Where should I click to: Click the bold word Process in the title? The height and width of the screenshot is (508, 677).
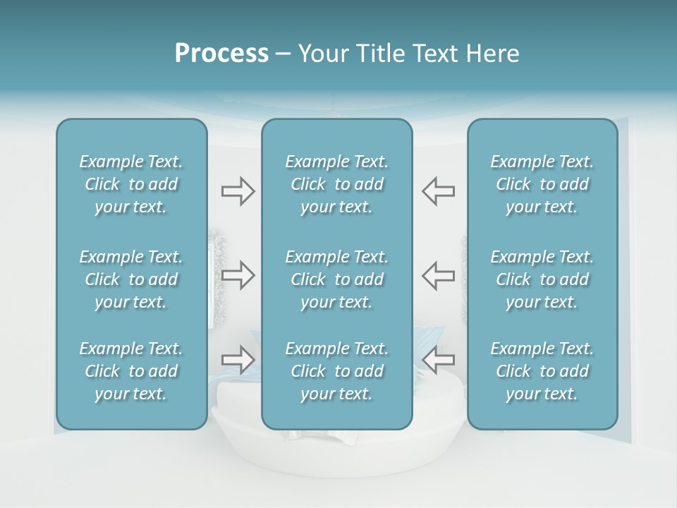click(x=221, y=54)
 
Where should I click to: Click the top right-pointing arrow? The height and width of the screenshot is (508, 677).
click(x=238, y=191)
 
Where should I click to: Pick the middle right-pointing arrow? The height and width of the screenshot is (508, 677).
click(x=238, y=275)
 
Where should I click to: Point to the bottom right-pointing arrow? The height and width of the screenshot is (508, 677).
click(x=238, y=360)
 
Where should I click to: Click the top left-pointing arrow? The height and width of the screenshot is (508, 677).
click(x=439, y=191)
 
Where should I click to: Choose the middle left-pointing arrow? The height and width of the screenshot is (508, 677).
click(x=439, y=275)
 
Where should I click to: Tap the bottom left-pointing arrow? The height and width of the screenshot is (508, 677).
click(x=439, y=360)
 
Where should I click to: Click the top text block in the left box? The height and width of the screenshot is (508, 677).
click(x=131, y=184)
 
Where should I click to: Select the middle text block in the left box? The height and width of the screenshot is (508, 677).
click(x=131, y=279)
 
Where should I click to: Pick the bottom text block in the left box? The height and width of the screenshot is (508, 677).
click(x=131, y=371)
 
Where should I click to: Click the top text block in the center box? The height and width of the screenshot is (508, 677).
click(x=337, y=184)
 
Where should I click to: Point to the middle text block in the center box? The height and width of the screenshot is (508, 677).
click(x=337, y=279)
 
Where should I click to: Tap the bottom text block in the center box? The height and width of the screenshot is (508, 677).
click(x=337, y=371)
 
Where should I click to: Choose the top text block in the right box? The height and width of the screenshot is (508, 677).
click(x=542, y=184)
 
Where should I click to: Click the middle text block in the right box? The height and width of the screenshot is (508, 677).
click(x=542, y=279)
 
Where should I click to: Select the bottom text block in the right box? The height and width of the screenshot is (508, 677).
click(x=542, y=371)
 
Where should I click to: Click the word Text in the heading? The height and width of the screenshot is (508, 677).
click(x=434, y=54)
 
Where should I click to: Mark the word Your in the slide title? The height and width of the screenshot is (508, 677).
click(x=322, y=54)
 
